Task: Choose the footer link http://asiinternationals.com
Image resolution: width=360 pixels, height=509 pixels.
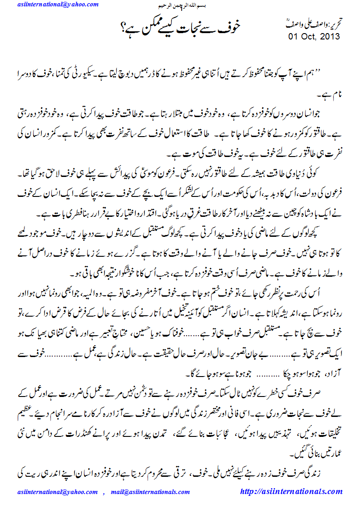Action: coord(291,491)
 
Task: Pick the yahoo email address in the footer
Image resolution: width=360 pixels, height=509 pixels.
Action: coord(57,492)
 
